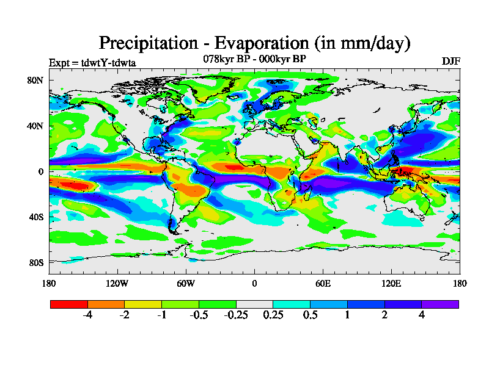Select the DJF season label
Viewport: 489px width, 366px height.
tap(450, 62)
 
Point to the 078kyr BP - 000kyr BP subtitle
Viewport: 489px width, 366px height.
tap(254, 59)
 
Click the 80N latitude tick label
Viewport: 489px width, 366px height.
tap(36, 80)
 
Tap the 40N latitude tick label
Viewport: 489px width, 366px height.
tap(36, 126)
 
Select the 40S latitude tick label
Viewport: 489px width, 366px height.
tap(36, 217)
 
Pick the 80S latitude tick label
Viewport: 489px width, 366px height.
tap(36, 263)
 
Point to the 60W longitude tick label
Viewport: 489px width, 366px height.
tap(186, 283)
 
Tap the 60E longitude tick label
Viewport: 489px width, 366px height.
tap(323, 283)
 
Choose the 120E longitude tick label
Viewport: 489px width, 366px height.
tap(391, 283)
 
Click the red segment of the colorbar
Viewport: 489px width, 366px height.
tap(68, 303)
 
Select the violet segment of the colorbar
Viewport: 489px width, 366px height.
tap(440, 303)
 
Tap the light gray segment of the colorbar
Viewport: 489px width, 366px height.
tap(254, 303)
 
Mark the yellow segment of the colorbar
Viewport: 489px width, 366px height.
tap(143, 303)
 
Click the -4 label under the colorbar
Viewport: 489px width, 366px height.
tap(87, 315)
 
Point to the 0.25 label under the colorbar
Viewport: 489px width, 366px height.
tap(273, 315)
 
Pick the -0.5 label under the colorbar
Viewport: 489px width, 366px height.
tap(199, 315)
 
